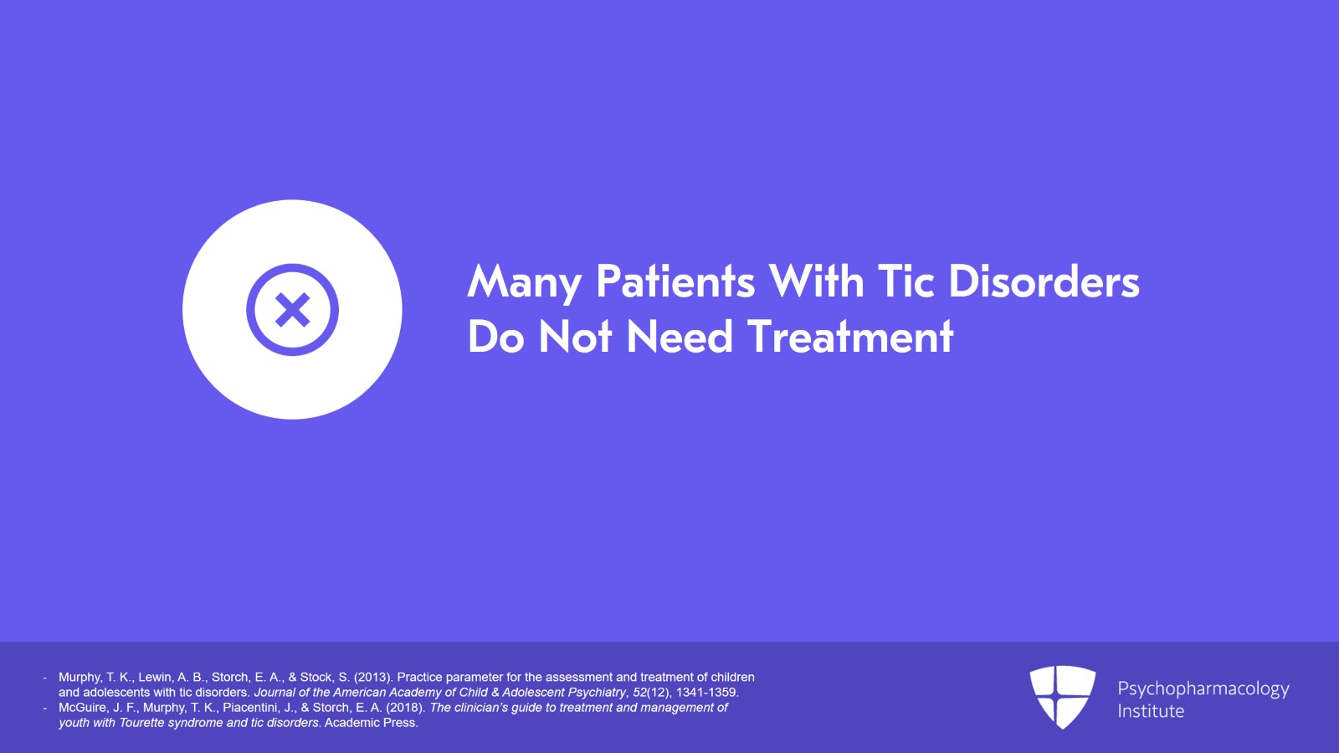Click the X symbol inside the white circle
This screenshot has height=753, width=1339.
[x=292, y=310]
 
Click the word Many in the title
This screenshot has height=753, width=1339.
[x=524, y=282]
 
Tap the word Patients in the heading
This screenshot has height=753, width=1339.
[x=675, y=282]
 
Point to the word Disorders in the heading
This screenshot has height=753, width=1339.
[x=1044, y=282]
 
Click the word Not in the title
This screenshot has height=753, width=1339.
[x=576, y=338]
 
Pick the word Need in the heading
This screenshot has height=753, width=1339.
[x=680, y=338]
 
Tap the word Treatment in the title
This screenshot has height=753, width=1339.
[x=850, y=338]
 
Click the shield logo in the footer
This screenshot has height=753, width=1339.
[x=1062, y=696]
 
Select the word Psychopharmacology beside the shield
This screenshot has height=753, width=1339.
[x=1203, y=689]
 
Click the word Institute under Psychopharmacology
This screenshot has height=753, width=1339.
[x=1151, y=711]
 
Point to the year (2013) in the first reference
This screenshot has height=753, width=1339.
[x=373, y=678]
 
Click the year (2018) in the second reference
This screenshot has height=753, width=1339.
[x=406, y=708]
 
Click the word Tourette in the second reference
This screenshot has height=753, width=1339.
[x=143, y=723]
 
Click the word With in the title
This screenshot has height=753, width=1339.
[x=817, y=282]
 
